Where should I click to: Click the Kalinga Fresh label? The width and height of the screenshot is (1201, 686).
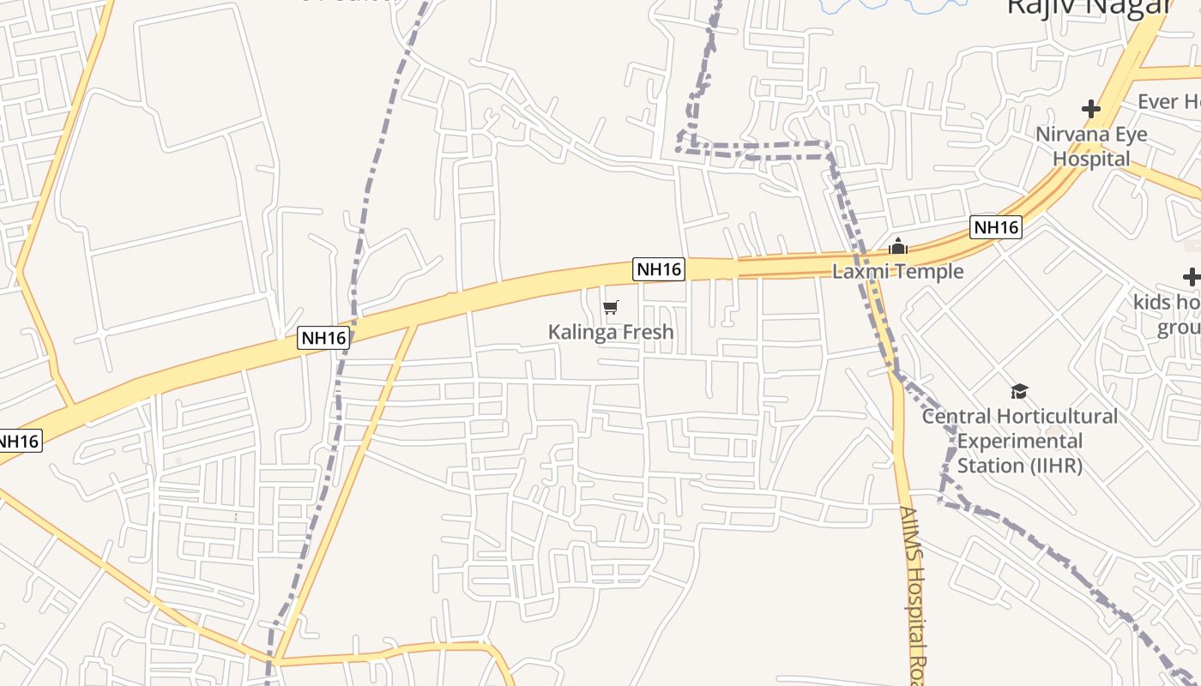tap(611, 332)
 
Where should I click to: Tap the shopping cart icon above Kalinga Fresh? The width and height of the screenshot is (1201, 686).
tap(611, 307)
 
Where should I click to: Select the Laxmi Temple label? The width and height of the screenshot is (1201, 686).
tap(898, 272)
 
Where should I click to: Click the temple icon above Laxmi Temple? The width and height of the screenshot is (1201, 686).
tap(898, 247)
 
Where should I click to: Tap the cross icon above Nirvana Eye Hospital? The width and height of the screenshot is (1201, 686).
tap(1091, 109)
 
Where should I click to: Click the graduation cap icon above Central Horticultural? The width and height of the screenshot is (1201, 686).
tap(1019, 391)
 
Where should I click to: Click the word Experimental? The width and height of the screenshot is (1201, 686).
tap(1020, 442)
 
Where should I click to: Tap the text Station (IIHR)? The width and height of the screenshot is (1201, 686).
tap(1019, 466)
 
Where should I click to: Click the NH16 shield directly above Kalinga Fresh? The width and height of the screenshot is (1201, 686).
tap(659, 269)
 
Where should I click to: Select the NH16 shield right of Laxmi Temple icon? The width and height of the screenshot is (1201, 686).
tap(996, 227)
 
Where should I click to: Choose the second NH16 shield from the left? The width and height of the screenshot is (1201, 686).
tap(323, 338)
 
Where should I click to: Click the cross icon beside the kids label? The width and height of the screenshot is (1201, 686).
tap(1191, 277)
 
